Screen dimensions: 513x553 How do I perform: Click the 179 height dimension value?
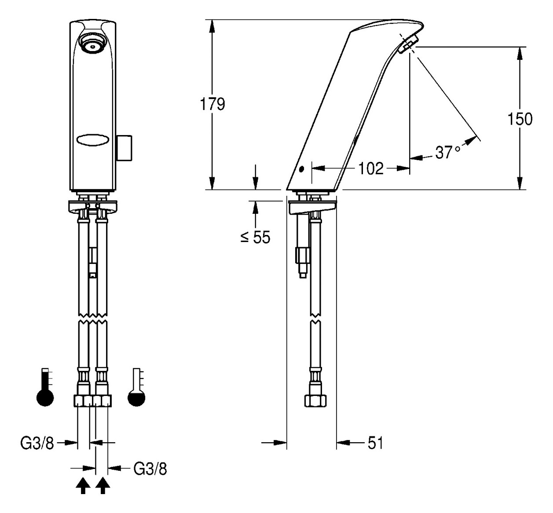tap(212, 104)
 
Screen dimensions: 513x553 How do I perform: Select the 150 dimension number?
tap(520, 119)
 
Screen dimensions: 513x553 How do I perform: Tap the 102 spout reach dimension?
tap(370, 168)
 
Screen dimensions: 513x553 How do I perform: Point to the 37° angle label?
tap(447, 152)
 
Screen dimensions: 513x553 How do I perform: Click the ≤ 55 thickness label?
tap(255, 237)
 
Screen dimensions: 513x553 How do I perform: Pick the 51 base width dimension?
tap(375, 443)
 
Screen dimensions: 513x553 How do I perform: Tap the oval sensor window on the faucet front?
tap(93, 140)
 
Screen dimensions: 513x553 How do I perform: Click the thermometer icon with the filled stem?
tap(45, 387)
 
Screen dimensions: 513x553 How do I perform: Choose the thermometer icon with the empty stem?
tap(136, 387)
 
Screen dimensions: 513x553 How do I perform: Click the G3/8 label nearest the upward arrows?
tap(150, 469)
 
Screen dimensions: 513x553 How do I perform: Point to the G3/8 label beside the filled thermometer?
tap(37, 443)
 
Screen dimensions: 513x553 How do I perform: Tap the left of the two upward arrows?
tap(83, 486)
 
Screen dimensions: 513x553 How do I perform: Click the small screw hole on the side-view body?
tap(301, 169)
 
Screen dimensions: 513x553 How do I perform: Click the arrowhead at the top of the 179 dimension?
tap(212, 26)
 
